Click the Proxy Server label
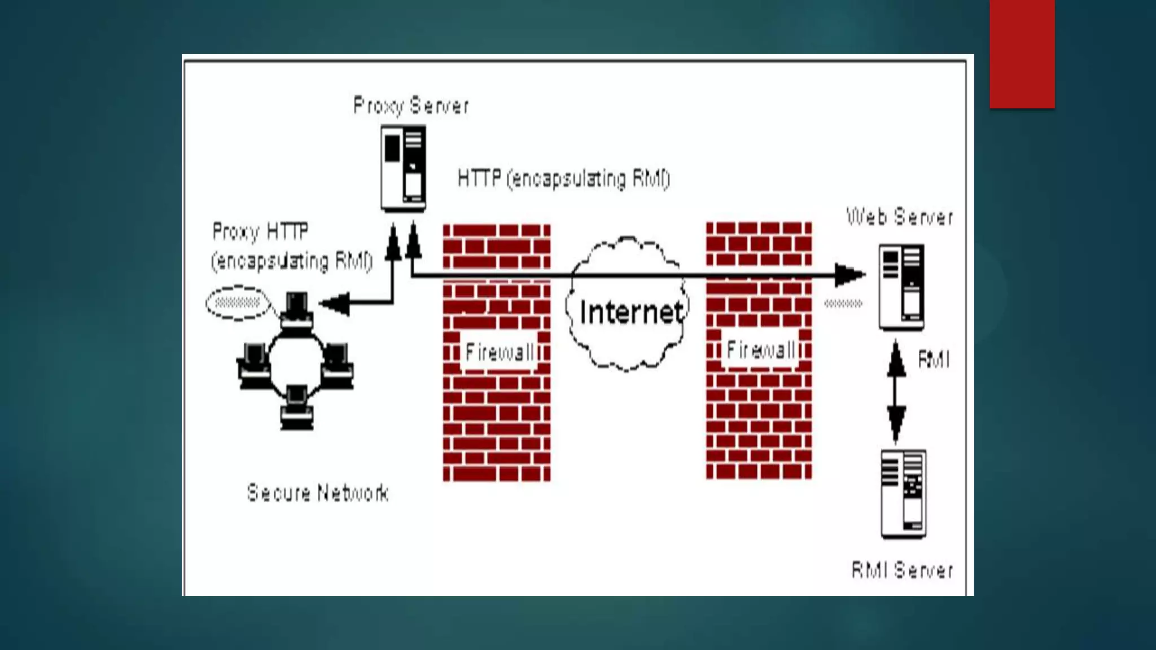click(410, 106)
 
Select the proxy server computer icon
click(403, 168)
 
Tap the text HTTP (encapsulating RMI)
click(563, 179)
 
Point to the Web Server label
click(900, 217)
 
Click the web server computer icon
click(901, 287)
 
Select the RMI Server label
click(902, 570)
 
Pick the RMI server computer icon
click(903, 493)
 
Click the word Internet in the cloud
click(631, 312)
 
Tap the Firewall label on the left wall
click(499, 353)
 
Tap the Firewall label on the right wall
click(760, 350)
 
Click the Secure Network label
click(318, 493)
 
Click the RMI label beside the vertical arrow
click(934, 359)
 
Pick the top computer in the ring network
click(296, 310)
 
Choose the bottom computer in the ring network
click(296, 406)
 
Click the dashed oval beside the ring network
click(238, 303)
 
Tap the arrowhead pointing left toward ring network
click(335, 304)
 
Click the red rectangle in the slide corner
click(1022, 54)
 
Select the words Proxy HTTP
click(260, 231)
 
